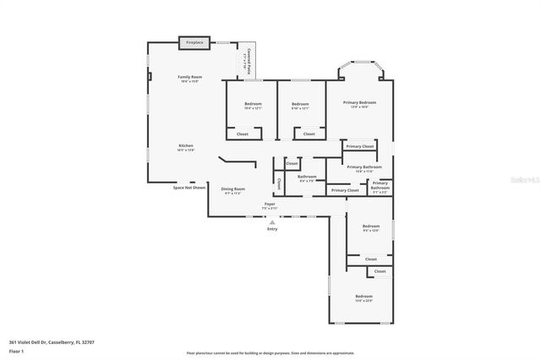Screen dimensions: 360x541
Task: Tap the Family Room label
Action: pos(189,79)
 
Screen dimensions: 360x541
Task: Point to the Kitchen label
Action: pos(186,147)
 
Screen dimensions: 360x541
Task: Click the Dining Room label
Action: pos(232,190)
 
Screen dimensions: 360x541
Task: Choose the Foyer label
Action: pos(270,205)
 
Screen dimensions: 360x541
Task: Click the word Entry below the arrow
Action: pos(272,229)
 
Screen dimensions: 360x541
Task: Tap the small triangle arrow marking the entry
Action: pos(272,221)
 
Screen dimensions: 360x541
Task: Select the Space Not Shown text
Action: pos(189,188)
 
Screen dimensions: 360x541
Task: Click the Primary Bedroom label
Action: pos(359,104)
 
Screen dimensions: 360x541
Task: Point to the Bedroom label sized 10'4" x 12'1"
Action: pos(253,106)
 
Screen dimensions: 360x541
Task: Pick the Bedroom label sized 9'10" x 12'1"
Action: pos(300,106)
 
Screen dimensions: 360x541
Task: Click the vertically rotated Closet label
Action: pos(279,183)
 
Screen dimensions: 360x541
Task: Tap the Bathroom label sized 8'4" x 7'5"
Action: pos(307,178)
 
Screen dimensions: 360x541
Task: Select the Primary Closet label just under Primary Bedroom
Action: pos(360,146)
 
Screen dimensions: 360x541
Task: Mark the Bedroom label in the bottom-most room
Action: pos(363,297)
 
